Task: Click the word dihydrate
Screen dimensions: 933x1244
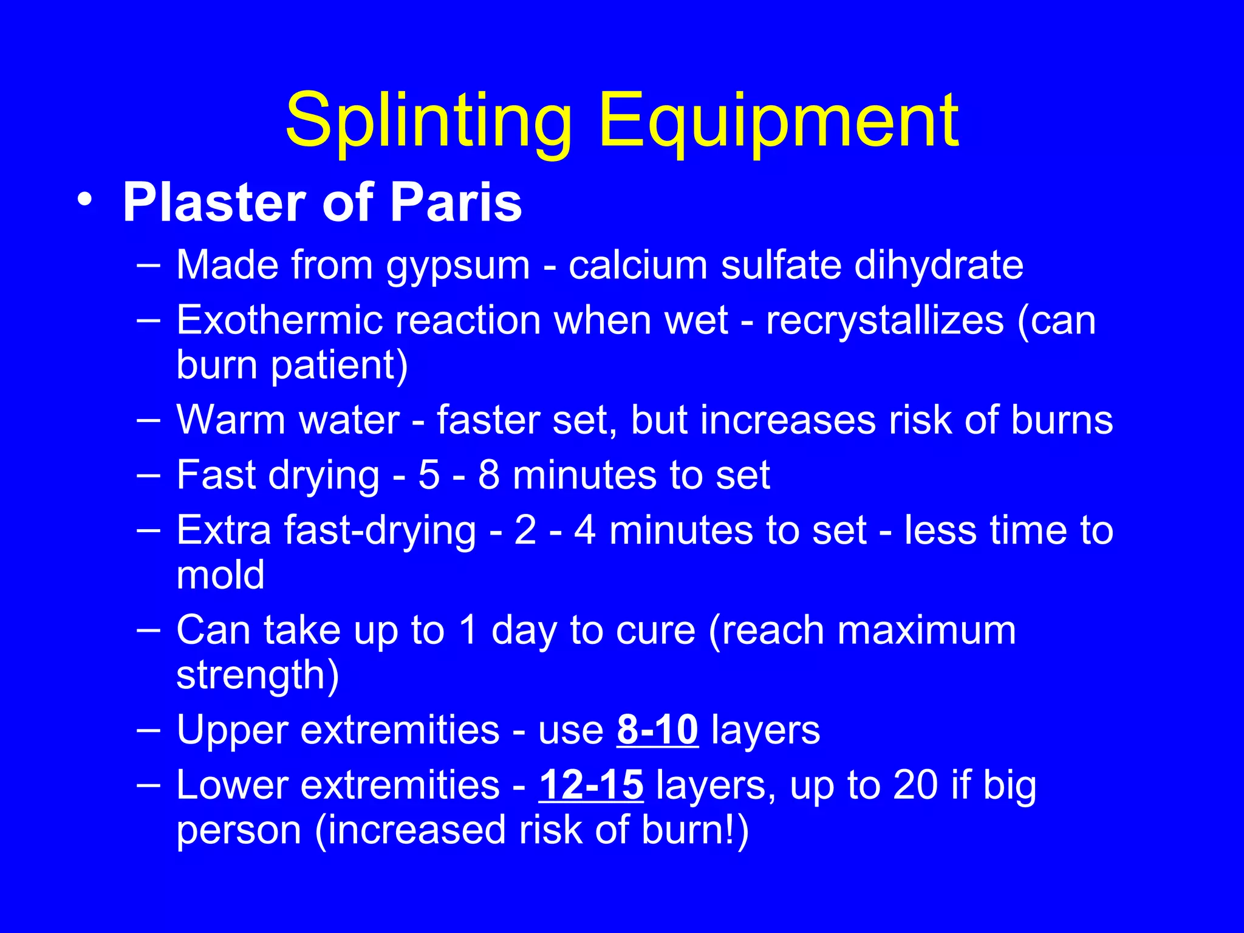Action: point(938,265)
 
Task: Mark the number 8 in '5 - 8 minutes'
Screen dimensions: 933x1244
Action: point(489,474)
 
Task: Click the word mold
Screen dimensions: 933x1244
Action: point(220,575)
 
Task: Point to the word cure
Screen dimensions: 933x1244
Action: point(655,630)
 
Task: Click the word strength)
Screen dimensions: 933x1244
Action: point(258,675)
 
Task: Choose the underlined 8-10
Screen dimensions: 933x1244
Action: point(657,730)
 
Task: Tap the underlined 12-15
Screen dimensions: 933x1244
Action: point(591,785)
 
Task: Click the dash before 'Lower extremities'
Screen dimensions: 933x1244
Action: point(149,784)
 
